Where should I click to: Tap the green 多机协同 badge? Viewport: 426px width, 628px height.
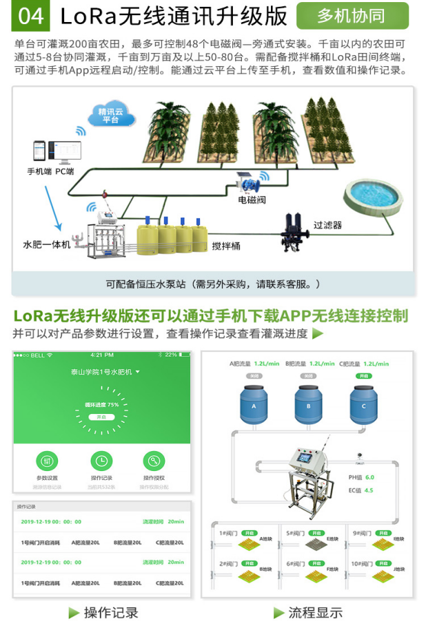click(352, 16)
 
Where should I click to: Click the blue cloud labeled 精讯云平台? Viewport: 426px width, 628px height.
click(110, 116)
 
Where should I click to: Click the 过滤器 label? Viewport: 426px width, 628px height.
click(327, 225)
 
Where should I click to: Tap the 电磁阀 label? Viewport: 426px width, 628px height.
click(252, 200)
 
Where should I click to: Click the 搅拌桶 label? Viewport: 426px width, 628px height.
click(226, 246)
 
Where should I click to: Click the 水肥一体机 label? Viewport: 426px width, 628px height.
click(47, 244)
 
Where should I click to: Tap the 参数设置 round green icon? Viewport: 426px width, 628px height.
click(47, 461)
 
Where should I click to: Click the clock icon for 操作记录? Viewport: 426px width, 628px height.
click(101, 461)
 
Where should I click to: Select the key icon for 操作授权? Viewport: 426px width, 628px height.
click(154, 461)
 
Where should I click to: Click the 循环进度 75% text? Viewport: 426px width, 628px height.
click(102, 404)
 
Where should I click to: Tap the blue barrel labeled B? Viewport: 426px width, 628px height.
click(309, 405)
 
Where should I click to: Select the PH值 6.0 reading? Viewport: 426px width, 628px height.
click(360, 477)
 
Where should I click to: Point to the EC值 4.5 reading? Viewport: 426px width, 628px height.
click(360, 490)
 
